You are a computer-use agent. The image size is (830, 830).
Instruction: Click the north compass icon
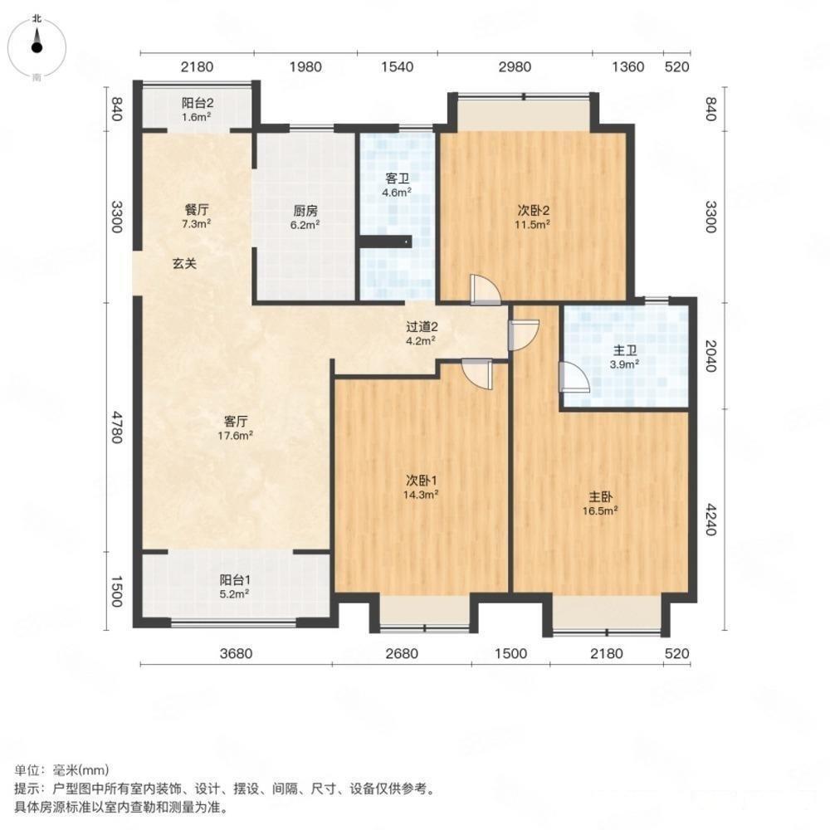pyautogui.click(x=37, y=46)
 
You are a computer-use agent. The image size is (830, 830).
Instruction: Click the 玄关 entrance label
pyautogui.click(x=184, y=264)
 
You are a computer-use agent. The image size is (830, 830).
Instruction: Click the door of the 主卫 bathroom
pyautogui.click(x=574, y=378)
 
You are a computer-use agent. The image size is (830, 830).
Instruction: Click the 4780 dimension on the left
pyautogui.click(x=117, y=427)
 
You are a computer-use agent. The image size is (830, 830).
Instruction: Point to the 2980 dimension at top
pyautogui.click(x=515, y=67)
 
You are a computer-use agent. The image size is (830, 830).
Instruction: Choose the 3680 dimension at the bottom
pyautogui.click(x=236, y=654)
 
